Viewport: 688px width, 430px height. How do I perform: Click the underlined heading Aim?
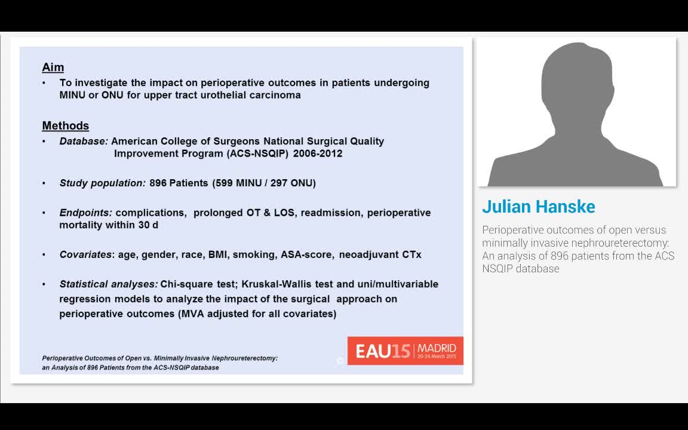click(x=53, y=67)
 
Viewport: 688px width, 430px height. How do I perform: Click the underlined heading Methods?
click(x=65, y=126)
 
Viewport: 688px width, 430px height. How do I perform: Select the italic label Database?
click(x=84, y=142)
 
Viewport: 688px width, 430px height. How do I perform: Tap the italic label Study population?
click(x=102, y=183)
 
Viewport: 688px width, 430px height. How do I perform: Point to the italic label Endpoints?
click(x=86, y=213)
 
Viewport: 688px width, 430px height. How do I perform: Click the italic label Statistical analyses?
click(x=109, y=284)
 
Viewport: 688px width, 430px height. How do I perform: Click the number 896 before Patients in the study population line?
click(x=158, y=183)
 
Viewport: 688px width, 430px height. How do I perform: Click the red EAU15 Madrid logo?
click(x=406, y=351)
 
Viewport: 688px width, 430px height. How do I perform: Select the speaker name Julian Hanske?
click(x=539, y=207)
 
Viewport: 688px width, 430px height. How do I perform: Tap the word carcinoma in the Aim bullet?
click(x=277, y=95)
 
